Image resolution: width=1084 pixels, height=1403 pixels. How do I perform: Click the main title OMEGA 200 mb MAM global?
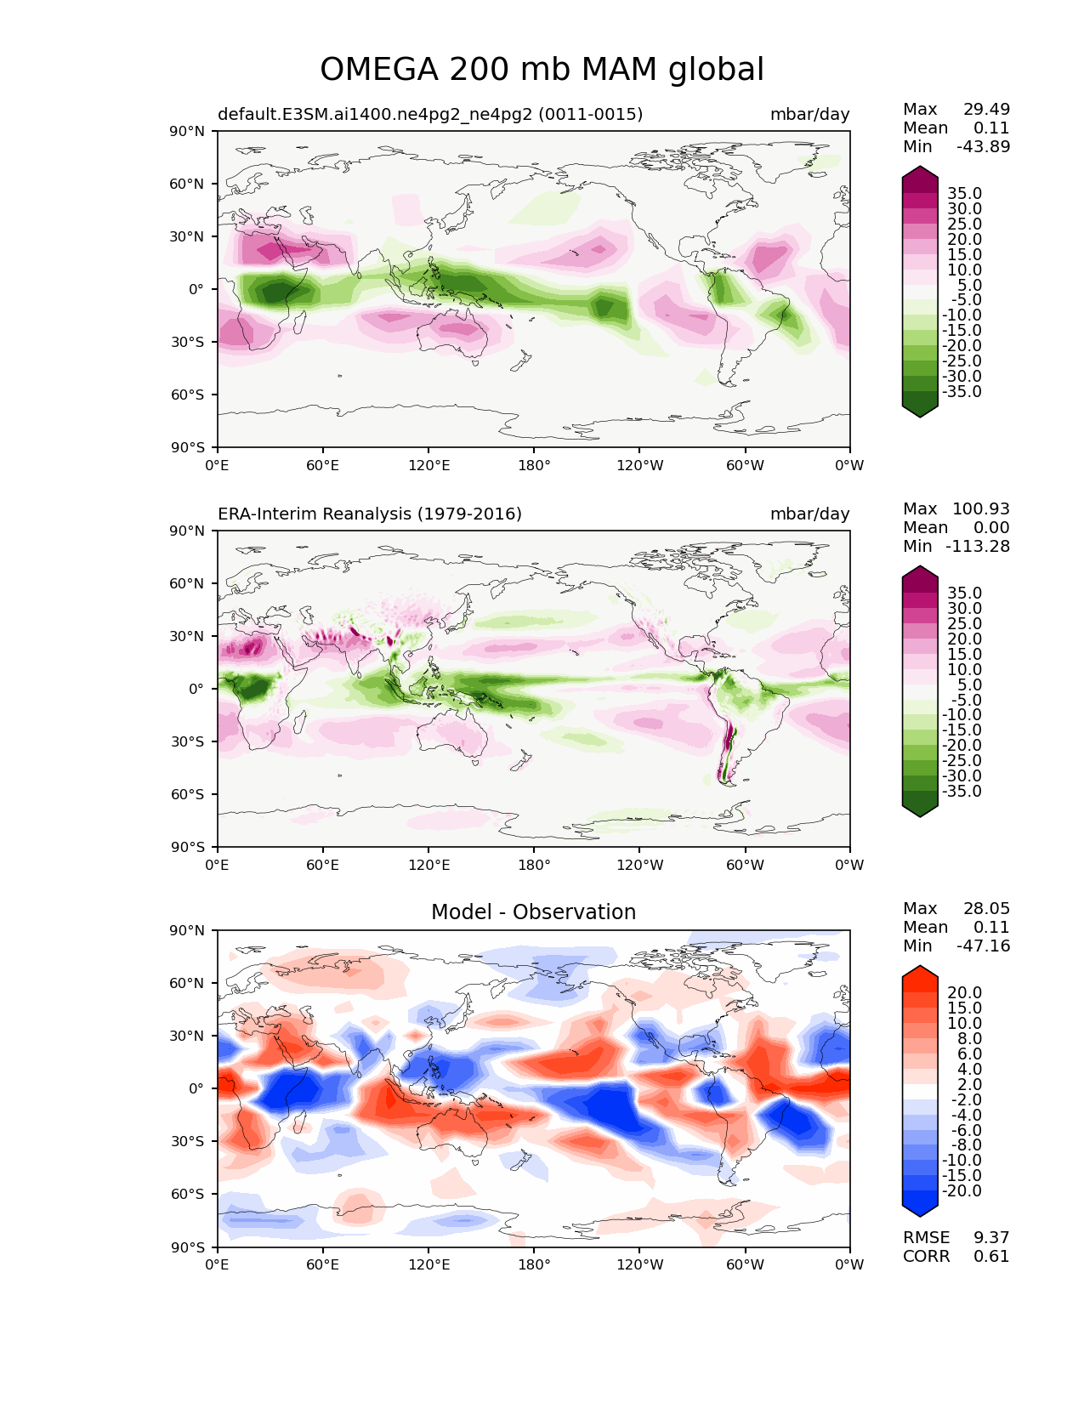point(542,69)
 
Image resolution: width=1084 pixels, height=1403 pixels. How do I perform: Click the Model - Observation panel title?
point(533,912)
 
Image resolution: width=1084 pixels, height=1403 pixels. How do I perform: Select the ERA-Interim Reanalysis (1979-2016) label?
point(369,514)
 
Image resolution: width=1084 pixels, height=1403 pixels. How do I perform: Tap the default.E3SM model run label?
point(430,114)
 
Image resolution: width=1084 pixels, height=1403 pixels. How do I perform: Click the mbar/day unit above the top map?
point(809,114)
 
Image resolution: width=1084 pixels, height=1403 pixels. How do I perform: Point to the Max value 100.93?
point(980,508)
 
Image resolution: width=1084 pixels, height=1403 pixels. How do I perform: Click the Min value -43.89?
point(984,146)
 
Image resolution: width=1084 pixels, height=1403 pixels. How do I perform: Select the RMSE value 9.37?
point(991,1237)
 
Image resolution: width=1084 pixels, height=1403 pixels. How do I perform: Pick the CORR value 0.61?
point(991,1256)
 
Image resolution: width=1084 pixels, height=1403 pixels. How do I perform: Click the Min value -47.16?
point(984,946)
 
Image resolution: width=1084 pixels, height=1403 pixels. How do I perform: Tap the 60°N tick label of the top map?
point(186,184)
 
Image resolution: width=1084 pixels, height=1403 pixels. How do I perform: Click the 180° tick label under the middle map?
point(534,865)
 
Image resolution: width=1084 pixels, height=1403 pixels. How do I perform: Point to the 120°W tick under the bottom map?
point(640,1264)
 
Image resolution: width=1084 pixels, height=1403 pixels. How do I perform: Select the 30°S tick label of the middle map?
point(187,741)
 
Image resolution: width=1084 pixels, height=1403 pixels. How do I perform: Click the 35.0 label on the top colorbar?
point(965,193)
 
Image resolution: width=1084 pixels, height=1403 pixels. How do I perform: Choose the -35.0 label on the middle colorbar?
point(962,791)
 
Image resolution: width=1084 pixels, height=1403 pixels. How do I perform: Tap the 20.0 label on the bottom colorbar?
point(965,992)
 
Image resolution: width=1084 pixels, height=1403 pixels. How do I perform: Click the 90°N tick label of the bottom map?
point(186,930)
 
